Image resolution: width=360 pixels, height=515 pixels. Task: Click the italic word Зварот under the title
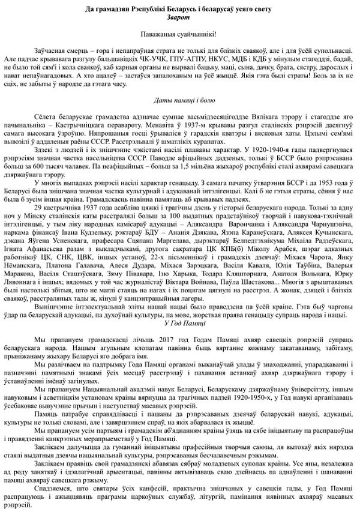[x=179, y=18]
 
